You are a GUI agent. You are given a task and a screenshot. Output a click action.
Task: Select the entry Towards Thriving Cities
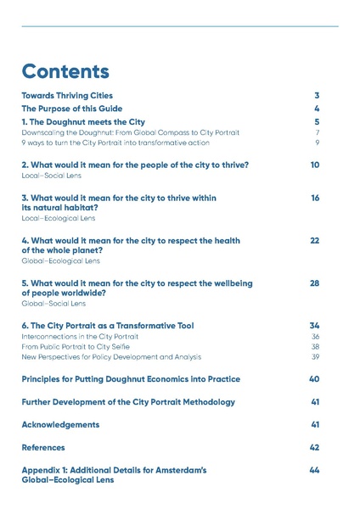pyautogui.click(x=67, y=96)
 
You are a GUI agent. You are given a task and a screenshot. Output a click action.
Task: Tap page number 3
pyautogui.click(x=316, y=96)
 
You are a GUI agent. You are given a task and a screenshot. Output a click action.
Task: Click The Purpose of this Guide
pyautogui.click(x=72, y=109)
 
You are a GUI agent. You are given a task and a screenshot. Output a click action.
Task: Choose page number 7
pyautogui.click(x=317, y=132)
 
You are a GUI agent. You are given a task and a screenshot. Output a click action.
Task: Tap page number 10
pyautogui.click(x=315, y=165)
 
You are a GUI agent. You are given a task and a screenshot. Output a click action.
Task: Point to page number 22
pyautogui.click(x=315, y=241)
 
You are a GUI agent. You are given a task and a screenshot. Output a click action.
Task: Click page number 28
pyautogui.click(x=315, y=283)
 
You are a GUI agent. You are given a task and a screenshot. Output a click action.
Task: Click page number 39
pyautogui.click(x=315, y=356)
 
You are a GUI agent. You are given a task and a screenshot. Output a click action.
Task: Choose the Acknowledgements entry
pyautogui.click(x=60, y=424)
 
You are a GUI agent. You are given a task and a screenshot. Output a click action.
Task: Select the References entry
pyautogui.click(x=43, y=447)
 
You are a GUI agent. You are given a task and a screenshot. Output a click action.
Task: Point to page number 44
pyautogui.click(x=315, y=470)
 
